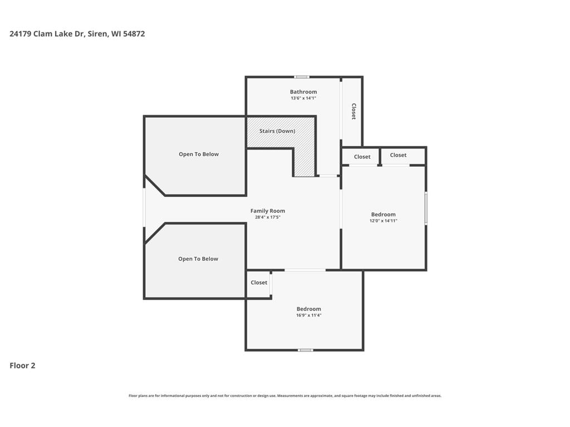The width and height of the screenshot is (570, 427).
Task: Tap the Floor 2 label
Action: (22, 366)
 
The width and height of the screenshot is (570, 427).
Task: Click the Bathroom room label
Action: (303, 92)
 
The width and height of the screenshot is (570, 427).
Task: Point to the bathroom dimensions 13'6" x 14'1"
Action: (303, 98)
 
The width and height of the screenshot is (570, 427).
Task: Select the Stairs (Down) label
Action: (277, 131)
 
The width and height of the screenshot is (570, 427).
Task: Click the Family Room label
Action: (268, 211)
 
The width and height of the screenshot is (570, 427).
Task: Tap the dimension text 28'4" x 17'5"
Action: (268, 217)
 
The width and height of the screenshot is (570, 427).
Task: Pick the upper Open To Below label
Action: (199, 155)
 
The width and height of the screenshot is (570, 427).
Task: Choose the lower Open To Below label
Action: (198, 259)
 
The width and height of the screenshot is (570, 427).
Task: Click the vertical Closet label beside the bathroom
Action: (353, 111)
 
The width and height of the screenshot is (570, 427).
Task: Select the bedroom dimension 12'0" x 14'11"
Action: (383, 221)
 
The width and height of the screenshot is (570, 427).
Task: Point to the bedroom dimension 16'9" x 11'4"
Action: (308, 315)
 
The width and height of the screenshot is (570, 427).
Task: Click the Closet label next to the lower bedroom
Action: (259, 282)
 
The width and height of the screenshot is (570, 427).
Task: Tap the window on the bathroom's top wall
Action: (302, 77)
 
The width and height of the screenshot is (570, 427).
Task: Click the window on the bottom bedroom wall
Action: (306, 350)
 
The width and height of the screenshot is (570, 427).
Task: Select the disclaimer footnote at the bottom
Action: (285, 396)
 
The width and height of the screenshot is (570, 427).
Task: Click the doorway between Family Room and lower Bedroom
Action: (305, 270)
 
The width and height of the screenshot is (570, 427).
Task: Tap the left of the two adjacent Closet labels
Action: (362, 157)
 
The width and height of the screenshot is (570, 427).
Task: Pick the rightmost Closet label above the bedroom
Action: (398, 155)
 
